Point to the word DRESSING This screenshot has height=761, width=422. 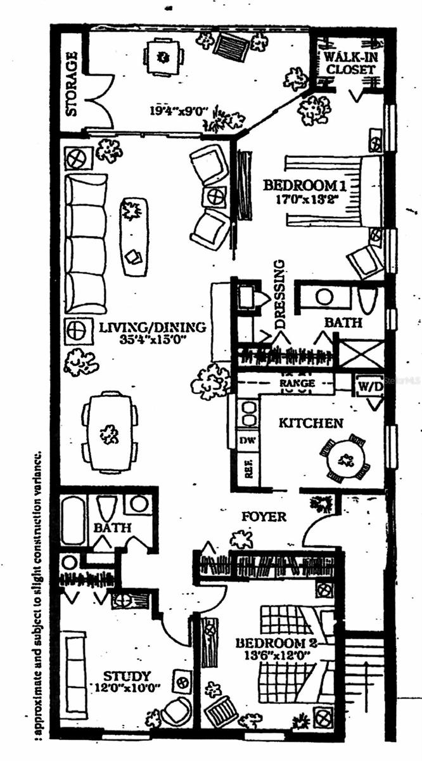281,294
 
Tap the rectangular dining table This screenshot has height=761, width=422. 110,433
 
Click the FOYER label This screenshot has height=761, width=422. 264,517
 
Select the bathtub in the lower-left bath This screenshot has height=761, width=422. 73,521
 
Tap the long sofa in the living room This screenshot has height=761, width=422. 86,242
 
